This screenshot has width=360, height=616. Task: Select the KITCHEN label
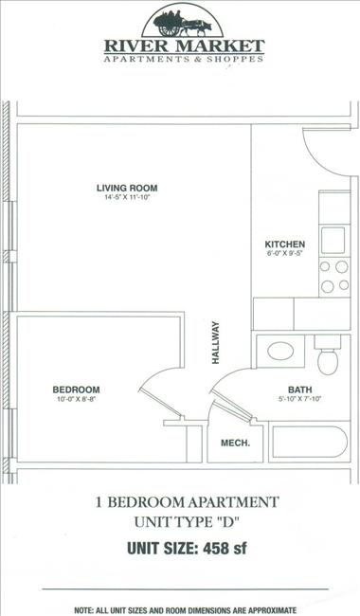(284, 245)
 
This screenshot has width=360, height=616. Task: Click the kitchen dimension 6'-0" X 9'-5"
(284, 255)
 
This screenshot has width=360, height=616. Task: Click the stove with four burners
(334, 275)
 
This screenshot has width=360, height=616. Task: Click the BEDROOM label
(76, 390)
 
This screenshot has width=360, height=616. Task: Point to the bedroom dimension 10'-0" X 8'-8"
(76, 400)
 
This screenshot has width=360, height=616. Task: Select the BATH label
(299, 390)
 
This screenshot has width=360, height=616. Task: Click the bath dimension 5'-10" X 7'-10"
(299, 400)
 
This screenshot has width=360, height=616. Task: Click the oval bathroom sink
(281, 352)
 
